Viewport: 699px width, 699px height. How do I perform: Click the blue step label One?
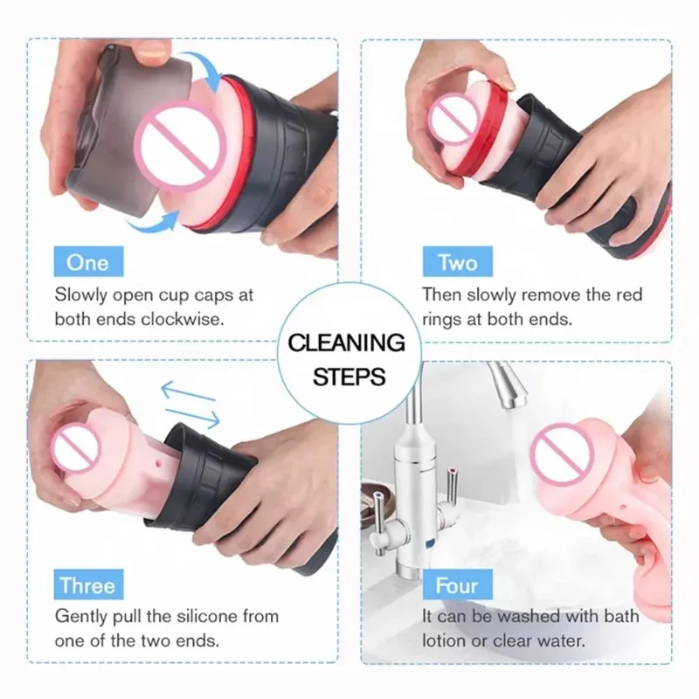tap(88, 261)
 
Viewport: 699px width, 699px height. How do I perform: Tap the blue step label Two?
tap(457, 261)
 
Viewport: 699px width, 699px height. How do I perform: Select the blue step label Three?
tap(88, 585)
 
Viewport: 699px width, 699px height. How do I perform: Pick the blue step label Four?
tap(457, 585)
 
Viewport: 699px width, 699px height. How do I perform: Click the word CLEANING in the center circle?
tap(346, 343)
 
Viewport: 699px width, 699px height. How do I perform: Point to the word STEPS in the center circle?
tap(349, 377)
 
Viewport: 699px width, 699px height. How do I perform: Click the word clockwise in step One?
tap(183, 319)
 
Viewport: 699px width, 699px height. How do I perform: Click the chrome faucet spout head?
tap(508, 385)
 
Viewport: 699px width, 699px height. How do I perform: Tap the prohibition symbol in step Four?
tap(563, 453)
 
